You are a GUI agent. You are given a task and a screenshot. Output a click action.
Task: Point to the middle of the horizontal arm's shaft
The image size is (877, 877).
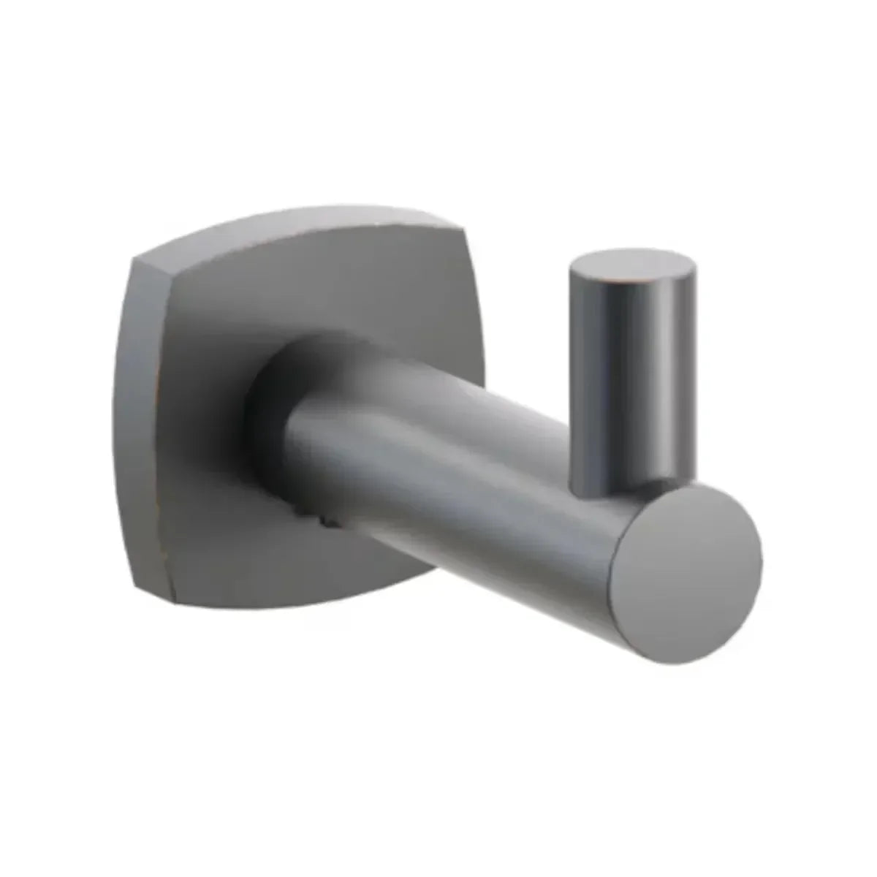click(453, 475)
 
